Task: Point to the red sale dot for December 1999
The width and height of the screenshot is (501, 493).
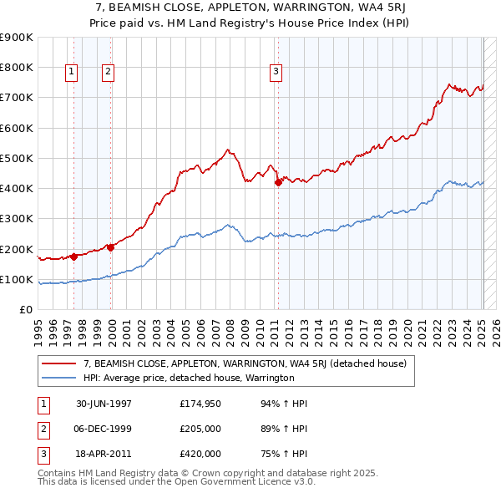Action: click(110, 247)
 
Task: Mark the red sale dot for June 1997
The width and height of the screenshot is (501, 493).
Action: click(74, 257)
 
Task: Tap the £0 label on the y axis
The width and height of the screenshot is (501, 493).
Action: click(26, 310)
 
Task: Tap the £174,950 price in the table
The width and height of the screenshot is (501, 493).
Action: click(200, 404)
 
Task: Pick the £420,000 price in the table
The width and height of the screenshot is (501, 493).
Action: click(200, 454)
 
